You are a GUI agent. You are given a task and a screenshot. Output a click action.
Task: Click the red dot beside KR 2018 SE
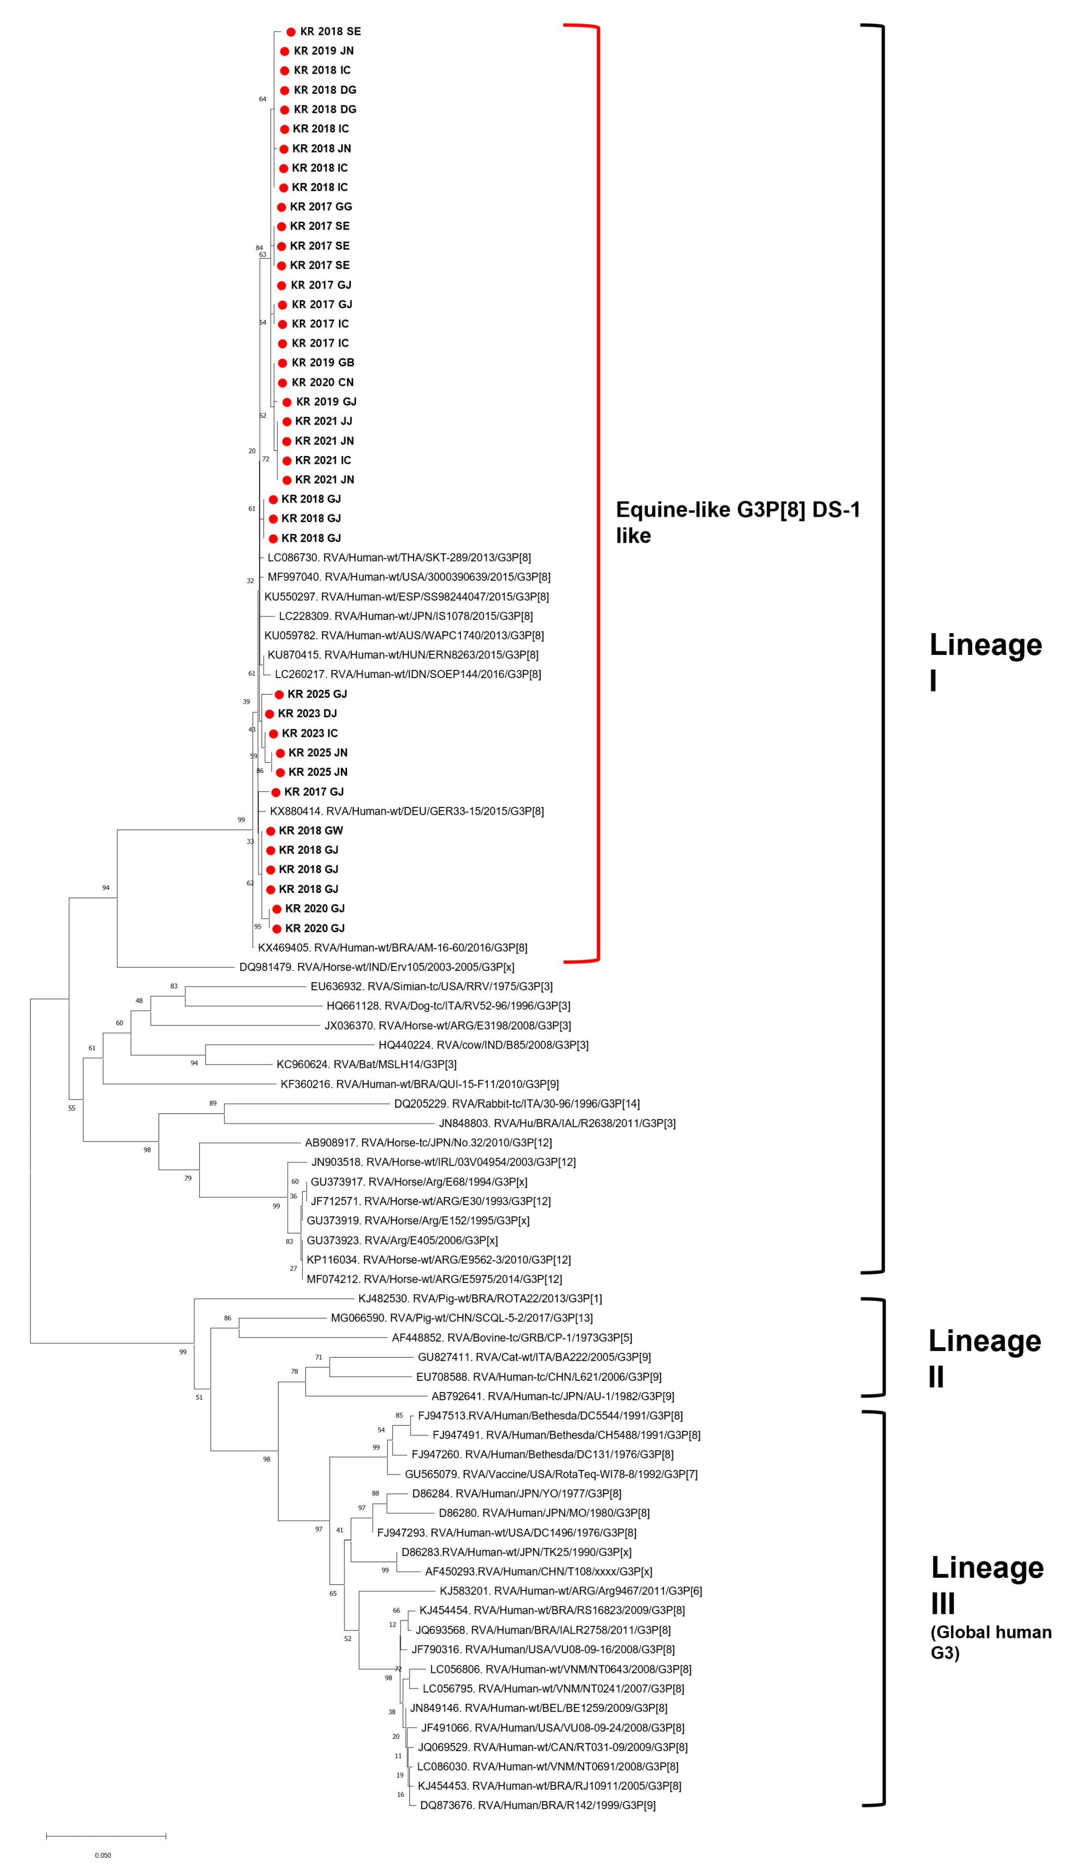point(291,32)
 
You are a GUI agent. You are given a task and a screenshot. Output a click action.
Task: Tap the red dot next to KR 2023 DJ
point(270,714)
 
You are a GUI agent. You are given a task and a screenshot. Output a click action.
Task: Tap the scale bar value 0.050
point(103,1855)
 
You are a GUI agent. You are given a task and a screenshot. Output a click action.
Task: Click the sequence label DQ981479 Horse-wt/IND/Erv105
point(376,967)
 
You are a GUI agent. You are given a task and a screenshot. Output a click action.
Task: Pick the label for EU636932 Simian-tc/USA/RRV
point(431,986)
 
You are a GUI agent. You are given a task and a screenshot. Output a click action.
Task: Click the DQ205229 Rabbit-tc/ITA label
point(516,1103)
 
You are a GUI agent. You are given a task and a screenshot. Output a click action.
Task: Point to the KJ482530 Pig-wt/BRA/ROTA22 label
point(480,1298)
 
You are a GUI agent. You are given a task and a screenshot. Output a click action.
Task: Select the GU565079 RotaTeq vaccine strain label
point(550,1474)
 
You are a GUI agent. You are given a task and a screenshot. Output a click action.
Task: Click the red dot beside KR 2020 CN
point(282,382)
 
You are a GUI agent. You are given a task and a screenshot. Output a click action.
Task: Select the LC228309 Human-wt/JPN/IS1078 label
point(406,616)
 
